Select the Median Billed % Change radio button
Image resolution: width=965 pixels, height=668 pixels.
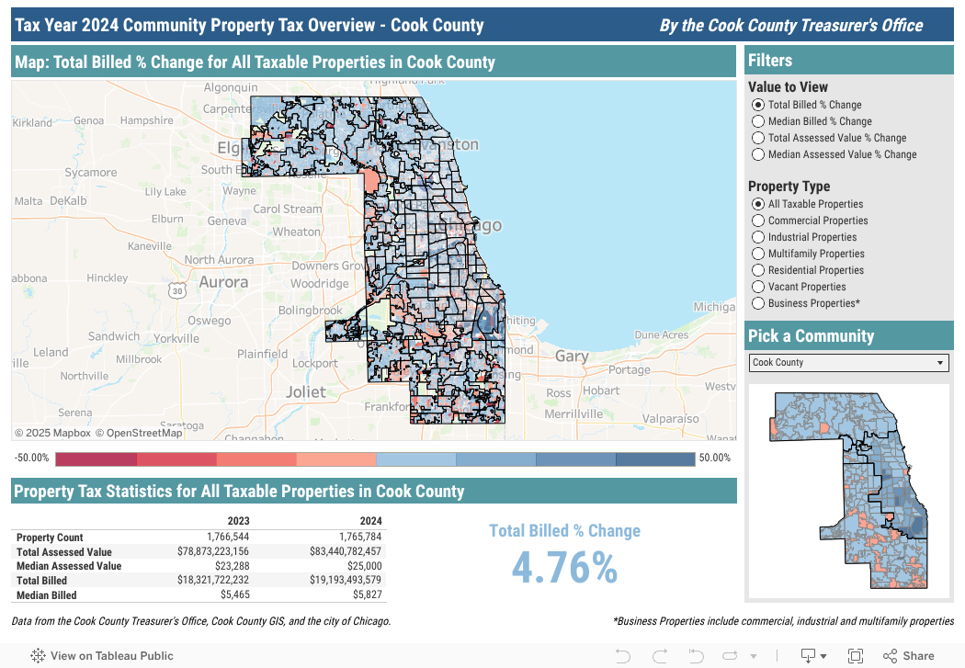point(758,121)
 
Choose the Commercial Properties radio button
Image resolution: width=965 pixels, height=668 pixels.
point(758,221)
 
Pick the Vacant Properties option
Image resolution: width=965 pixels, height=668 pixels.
point(758,287)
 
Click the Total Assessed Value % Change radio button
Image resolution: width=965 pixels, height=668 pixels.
point(758,138)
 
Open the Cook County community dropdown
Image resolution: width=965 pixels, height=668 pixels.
point(848,363)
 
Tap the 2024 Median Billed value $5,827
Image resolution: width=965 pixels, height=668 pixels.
point(365,595)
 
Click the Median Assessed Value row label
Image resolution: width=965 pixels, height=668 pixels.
point(69,567)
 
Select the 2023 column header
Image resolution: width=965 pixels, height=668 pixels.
point(238,521)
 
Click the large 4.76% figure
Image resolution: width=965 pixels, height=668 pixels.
point(563,568)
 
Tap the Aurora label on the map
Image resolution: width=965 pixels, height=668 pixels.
point(223,282)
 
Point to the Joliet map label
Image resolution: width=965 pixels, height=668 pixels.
point(304,391)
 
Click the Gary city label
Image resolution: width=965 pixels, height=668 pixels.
point(572,357)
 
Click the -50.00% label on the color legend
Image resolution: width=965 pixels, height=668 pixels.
point(31,458)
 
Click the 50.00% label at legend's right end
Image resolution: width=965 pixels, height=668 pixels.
point(714,458)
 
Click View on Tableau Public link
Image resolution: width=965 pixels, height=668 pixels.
point(103,656)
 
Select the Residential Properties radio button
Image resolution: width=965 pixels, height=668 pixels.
point(758,270)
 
